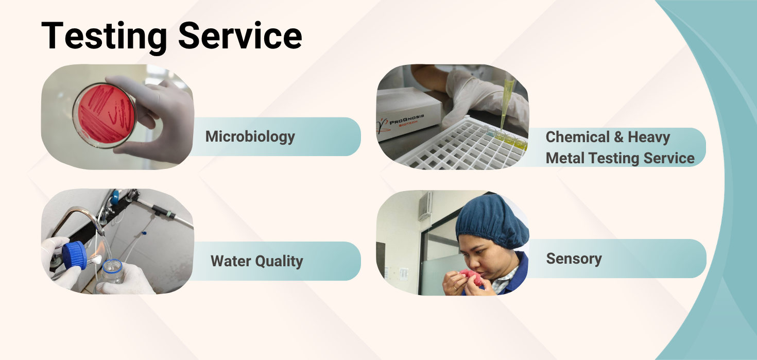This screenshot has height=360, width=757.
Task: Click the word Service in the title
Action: (x=240, y=36)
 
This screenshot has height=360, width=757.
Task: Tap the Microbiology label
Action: (x=250, y=137)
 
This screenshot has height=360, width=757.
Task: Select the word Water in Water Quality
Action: (x=231, y=261)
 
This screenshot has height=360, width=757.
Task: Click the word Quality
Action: (x=279, y=261)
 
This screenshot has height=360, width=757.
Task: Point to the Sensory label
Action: (x=574, y=259)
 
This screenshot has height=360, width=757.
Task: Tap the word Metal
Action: (x=565, y=158)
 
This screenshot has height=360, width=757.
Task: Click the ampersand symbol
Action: (x=619, y=137)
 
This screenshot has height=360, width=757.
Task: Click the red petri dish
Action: (x=105, y=115)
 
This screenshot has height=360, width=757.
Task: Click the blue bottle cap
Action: (x=75, y=255)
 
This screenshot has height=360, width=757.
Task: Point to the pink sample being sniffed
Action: (x=471, y=277)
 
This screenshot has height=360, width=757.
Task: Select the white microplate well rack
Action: (x=459, y=145)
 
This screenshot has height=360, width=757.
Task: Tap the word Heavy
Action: (x=649, y=138)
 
